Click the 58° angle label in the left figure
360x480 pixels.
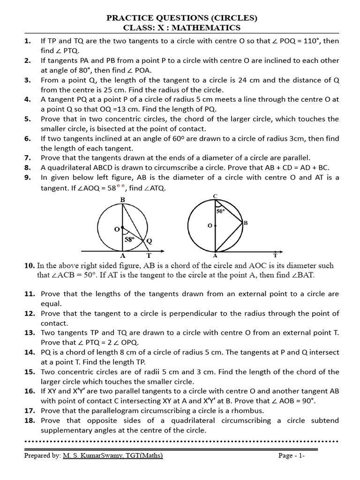pos(129,240)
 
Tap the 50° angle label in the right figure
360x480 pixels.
pos(221,211)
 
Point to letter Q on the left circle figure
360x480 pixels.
pos(149,241)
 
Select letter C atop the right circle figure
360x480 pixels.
pos(215,195)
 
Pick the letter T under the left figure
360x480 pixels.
pos(149,255)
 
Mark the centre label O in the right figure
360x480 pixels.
pos(210,226)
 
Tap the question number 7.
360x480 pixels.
pos(27,157)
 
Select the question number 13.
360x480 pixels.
pos(29,333)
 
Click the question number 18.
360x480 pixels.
pos(29,420)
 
